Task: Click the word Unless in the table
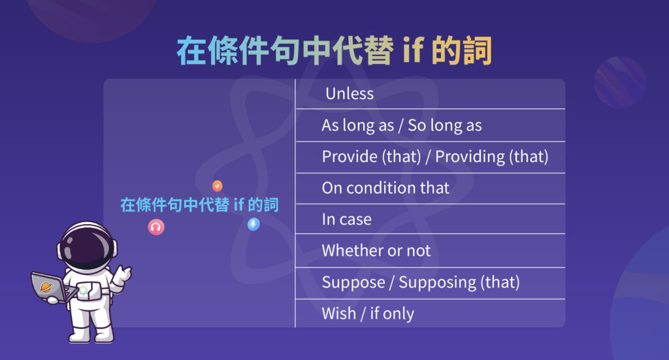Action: pyautogui.click(x=350, y=93)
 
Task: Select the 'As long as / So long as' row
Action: pyautogui.click(x=401, y=125)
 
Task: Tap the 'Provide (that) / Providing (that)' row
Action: pyautogui.click(x=434, y=157)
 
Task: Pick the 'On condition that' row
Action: pyautogui.click(x=385, y=188)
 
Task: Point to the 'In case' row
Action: pyautogui.click(x=346, y=220)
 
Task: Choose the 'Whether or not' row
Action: pyautogui.click(x=376, y=250)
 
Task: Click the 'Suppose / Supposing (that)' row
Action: pyautogui.click(x=420, y=282)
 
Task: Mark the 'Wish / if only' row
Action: pyautogui.click(x=367, y=314)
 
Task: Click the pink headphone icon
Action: pyautogui.click(x=156, y=227)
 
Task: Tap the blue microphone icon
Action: pyautogui.click(x=253, y=224)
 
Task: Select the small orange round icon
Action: pyautogui.click(x=218, y=186)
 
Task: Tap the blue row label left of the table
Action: pyautogui.click(x=199, y=205)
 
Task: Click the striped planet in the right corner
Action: pyautogui.click(x=620, y=81)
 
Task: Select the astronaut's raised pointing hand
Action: pyautogui.click(x=122, y=275)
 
